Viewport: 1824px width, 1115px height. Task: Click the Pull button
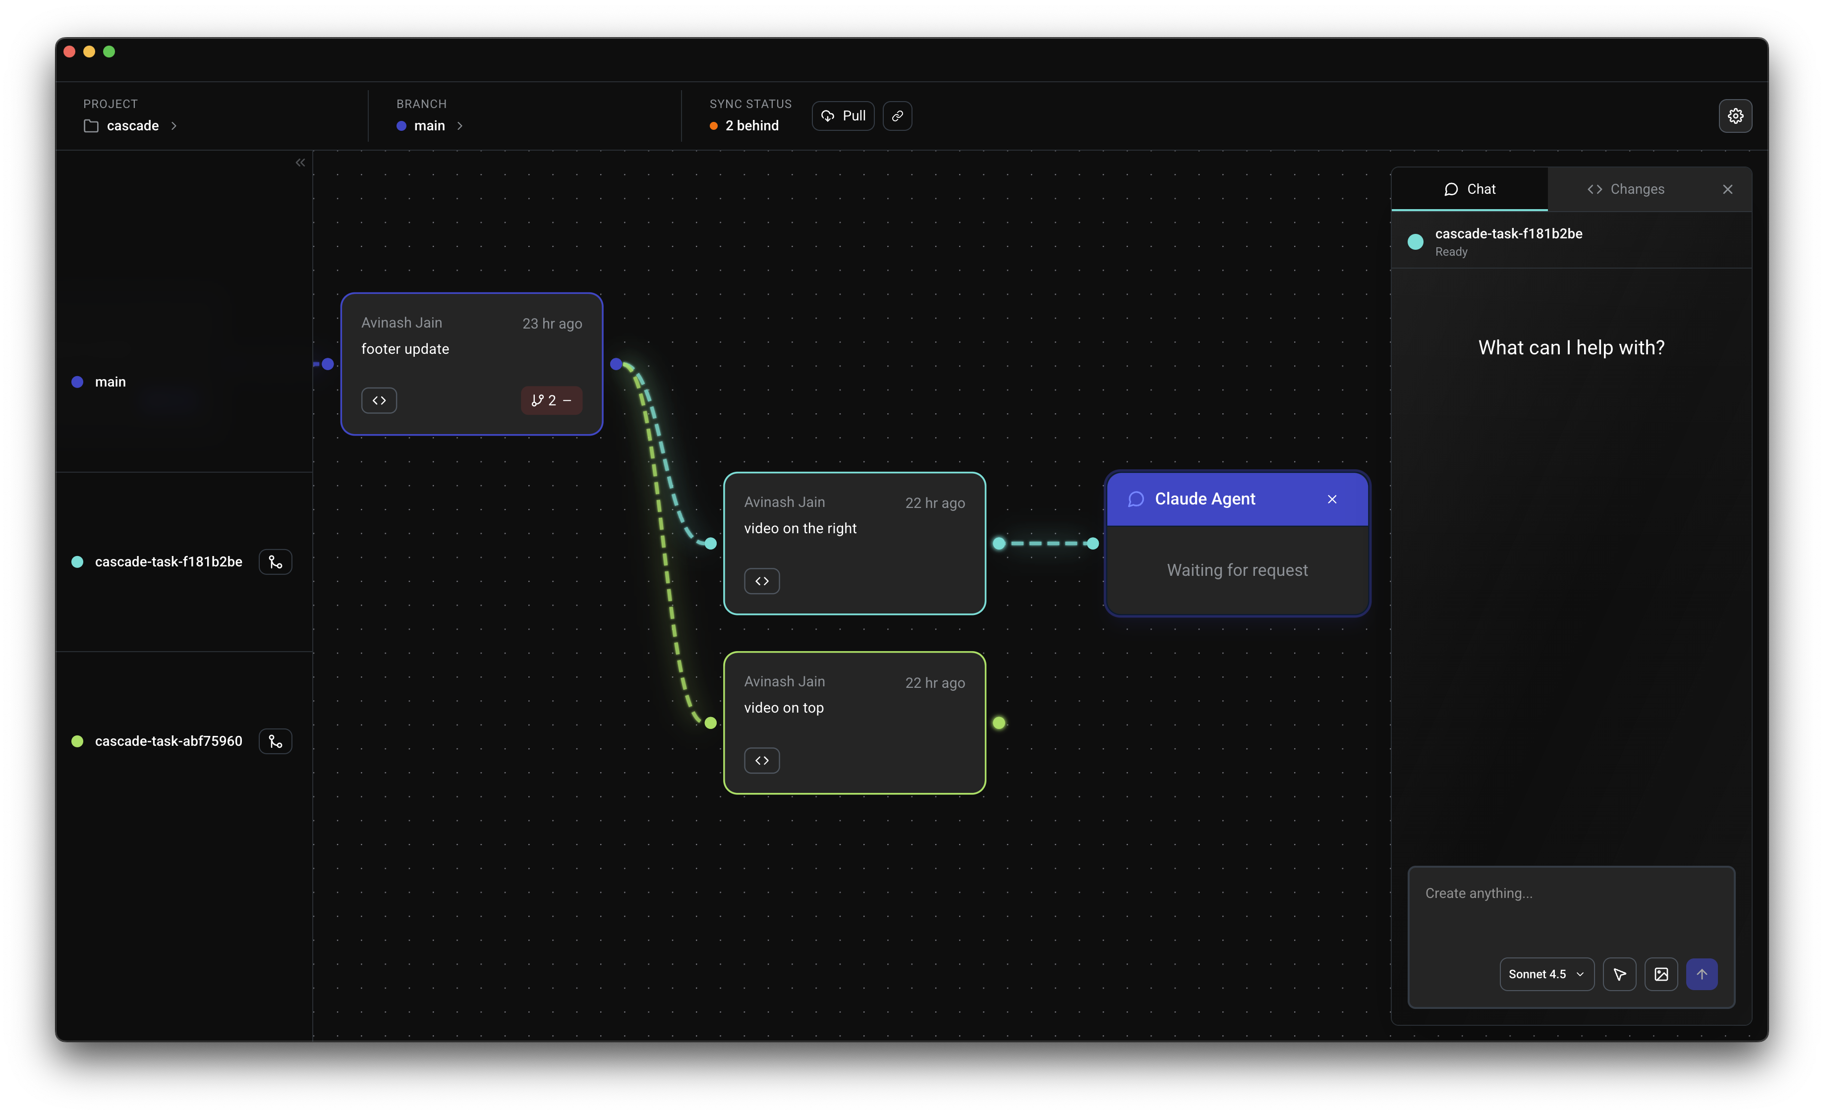coord(843,116)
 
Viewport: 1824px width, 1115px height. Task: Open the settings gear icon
coord(1734,116)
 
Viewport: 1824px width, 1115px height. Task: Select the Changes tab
coord(1626,189)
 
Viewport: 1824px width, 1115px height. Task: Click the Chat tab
coord(1470,189)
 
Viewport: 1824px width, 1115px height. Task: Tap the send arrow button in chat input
coord(1701,974)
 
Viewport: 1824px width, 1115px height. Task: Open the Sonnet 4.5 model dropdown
coord(1545,974)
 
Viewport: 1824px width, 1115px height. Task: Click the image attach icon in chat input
coord(1660,974)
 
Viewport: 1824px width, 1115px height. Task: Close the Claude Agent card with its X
coord(1332,500)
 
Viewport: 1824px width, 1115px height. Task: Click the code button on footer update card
coord(379,400)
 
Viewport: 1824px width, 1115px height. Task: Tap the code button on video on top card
coord(762,761)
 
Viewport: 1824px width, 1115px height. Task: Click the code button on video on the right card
coord(762,581)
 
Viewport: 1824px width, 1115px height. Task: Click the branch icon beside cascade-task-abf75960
coord(276,741)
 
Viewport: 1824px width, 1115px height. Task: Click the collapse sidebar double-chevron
coord(300,163)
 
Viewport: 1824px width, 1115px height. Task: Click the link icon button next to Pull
coord(897,116)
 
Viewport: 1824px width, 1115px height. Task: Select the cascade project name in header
coord(132,126)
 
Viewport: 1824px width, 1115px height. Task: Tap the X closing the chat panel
coord(1727,189)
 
